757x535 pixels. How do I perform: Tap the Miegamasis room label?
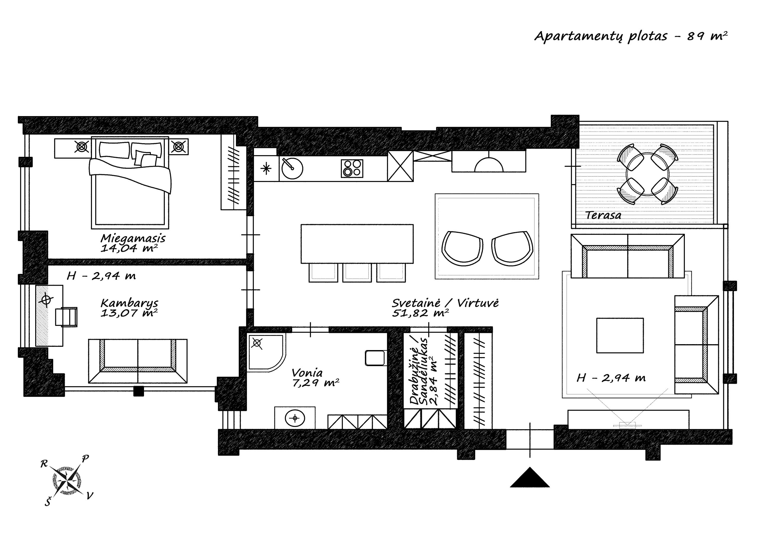(133, 238)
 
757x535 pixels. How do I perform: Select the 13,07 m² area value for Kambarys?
(129, 313)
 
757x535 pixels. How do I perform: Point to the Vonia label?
(307, 373)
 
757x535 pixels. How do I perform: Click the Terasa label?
(603, 215)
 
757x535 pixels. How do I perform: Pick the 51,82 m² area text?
(420, 313)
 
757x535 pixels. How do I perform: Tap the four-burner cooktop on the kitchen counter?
(352, 169)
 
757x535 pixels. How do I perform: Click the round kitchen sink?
(292, 168)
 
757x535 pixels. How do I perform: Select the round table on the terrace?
(648, 175)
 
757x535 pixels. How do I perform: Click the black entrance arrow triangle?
(530, 477)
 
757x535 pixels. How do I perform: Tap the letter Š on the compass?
(48, 502)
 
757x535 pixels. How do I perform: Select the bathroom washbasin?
(295, 418)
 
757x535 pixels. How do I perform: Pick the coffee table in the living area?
(620, 335)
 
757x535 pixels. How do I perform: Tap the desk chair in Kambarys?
(66, 317)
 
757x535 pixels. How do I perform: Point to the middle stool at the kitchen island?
(357, 272)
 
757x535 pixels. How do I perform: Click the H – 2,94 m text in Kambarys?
(101, 276)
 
